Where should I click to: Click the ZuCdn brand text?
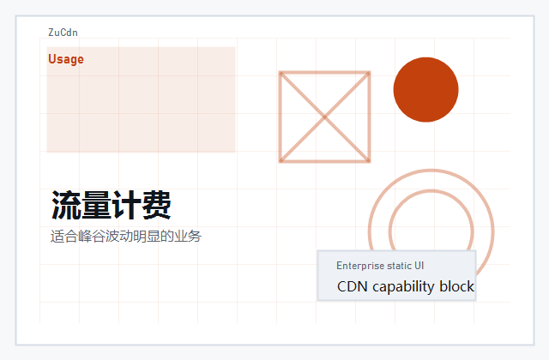[x=63, y=33]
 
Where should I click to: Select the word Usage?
[x=66, y=59]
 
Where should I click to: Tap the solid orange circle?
[x=425, y=89]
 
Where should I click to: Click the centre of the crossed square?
[x=324, y=117]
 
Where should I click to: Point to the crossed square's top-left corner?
[x=281, y=73]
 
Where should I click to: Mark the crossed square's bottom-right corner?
[x=369, y=160]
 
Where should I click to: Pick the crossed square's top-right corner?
[x=369, y=73]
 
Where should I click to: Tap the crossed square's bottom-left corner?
[x=281, y=160]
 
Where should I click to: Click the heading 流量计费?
[x=111, y=206]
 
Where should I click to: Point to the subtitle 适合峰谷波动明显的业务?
[x=125, y=236]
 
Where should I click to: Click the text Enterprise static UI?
[x=380, y=266]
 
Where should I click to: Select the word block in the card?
[x=457, y=286]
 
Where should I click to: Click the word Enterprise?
[x=361, y=266]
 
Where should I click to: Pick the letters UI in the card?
[x=419, y=266]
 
